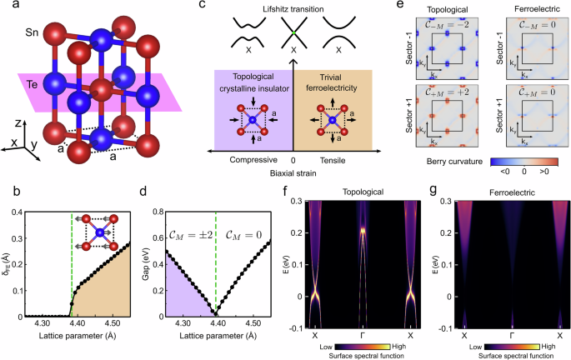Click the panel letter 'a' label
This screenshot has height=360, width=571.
6,7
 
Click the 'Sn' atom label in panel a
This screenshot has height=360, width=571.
18,35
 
